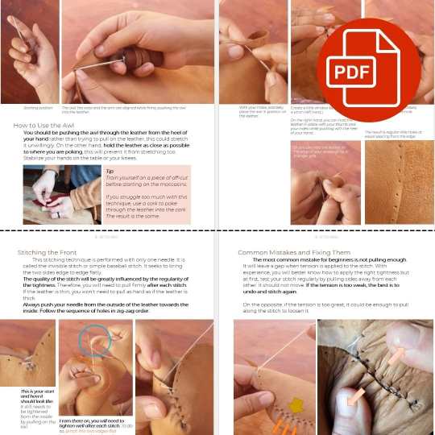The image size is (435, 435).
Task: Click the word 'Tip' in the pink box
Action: tap(110, 171)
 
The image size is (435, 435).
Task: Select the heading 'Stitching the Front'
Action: tap(52, 252)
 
